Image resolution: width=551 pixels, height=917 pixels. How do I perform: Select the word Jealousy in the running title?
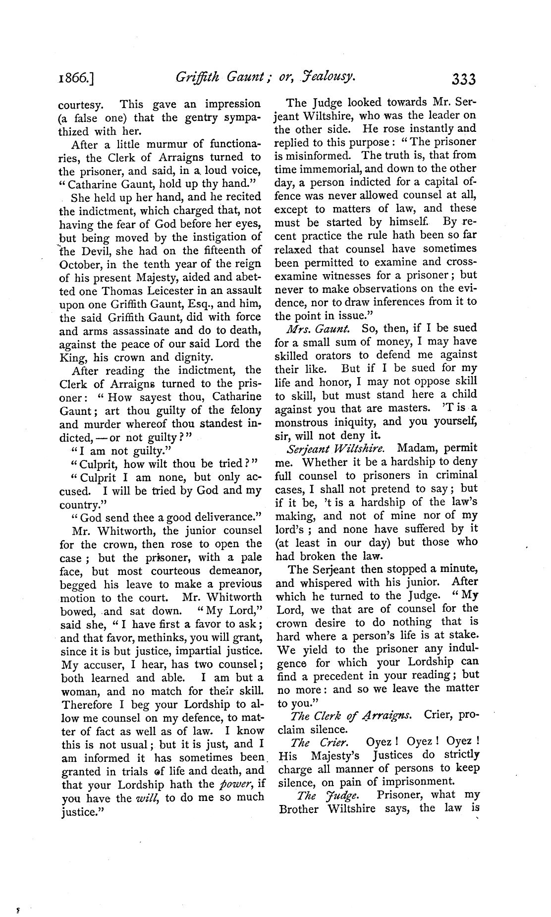click(x=329, y=76)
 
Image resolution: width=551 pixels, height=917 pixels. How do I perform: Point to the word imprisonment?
click(x=415, y=782)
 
